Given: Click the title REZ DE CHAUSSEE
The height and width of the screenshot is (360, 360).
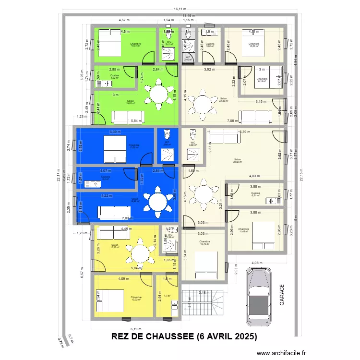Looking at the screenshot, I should [184, 336].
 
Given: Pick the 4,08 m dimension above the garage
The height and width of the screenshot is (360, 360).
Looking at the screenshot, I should [257, 263].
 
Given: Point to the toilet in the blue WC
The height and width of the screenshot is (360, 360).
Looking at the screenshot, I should [167, 133].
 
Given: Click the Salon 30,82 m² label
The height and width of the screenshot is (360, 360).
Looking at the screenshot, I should [237, 161].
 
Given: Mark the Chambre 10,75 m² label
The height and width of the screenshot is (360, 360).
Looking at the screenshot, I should [204, 243].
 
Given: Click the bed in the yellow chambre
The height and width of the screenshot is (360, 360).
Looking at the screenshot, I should [107, 301].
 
